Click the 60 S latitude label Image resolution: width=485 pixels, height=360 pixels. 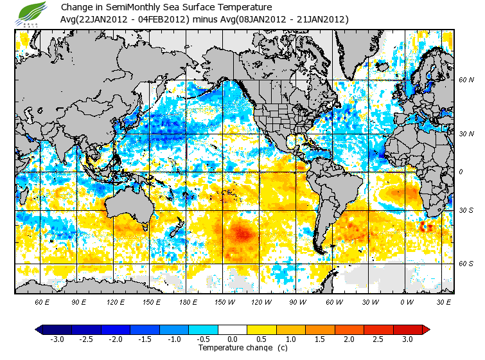[x=466, y=264]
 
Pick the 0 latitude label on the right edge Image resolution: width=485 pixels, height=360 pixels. [x=461, y=172]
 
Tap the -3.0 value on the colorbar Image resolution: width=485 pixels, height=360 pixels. [x=57, y=339]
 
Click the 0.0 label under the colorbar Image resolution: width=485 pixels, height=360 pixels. [x=233, y=339]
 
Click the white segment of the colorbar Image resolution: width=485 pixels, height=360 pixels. [x=233, y=330]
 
